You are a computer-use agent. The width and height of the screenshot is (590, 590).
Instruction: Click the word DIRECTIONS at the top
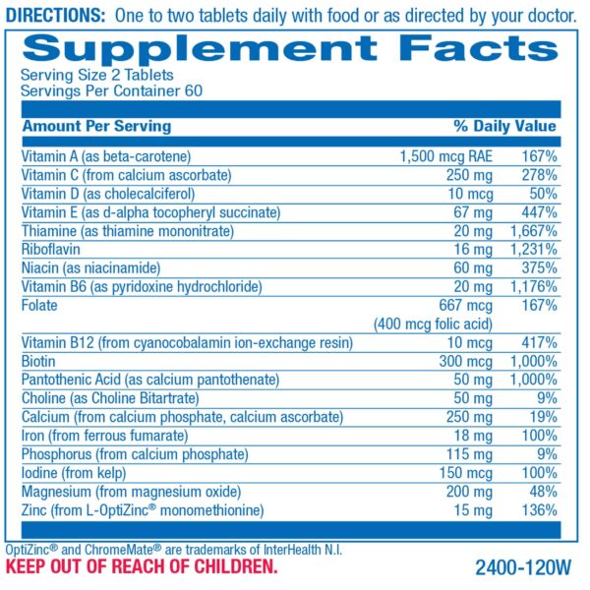55,15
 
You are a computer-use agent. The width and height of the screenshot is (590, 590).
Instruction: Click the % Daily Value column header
504,126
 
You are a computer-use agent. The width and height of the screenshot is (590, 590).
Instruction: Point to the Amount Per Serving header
96,126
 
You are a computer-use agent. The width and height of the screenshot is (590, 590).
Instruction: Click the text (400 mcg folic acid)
433,323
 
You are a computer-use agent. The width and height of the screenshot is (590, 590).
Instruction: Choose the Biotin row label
38,360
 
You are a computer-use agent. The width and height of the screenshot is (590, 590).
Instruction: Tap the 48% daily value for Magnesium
543,491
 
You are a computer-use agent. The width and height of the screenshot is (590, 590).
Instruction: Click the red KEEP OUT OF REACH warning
142,567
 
